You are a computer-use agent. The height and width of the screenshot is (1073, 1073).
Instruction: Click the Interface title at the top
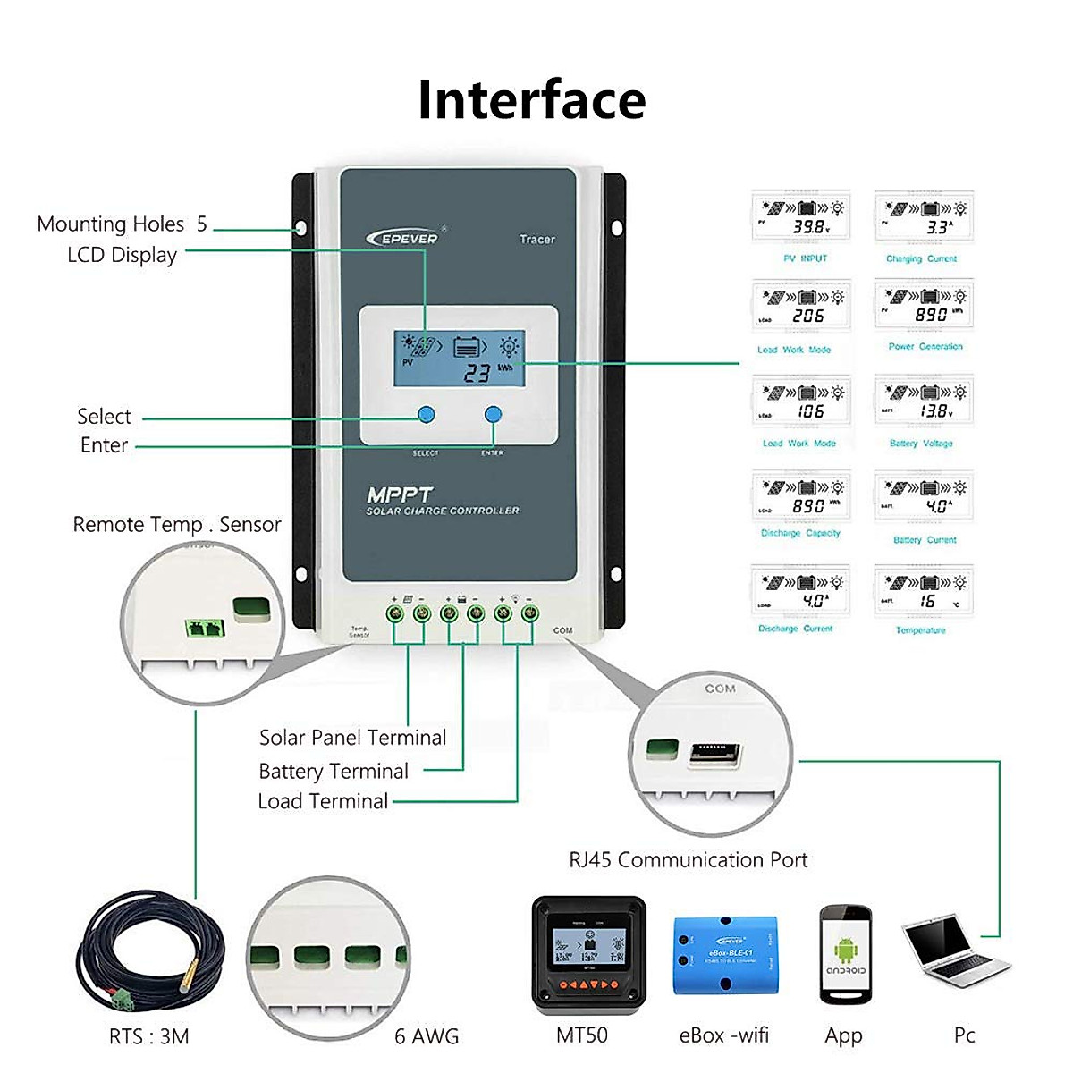(x=531, y=99)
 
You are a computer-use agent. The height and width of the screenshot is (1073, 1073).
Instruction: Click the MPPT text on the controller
(x=399, y=494)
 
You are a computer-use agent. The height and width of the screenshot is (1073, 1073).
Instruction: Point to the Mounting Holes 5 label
(x=122, y=224)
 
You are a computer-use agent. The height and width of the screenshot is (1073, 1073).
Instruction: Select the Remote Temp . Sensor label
(x=176, y=524)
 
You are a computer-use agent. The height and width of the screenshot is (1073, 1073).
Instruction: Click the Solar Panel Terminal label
(x=352, y=738)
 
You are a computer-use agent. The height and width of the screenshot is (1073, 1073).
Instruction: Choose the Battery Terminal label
(x=333, y=771)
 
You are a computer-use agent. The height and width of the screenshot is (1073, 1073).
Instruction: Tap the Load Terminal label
(x=323, y=801)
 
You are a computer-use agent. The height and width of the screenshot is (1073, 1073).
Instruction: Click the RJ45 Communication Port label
(x=688, y=860)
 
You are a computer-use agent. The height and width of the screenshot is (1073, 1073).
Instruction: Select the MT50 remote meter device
(x=588, y=953)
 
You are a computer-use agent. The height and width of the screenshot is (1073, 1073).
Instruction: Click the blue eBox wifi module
(x=724, y=955)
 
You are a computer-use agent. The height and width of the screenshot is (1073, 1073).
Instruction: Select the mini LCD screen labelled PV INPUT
(x=801, y=217)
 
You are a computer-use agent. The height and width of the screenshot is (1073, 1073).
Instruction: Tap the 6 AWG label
(x=427, y=1036)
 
